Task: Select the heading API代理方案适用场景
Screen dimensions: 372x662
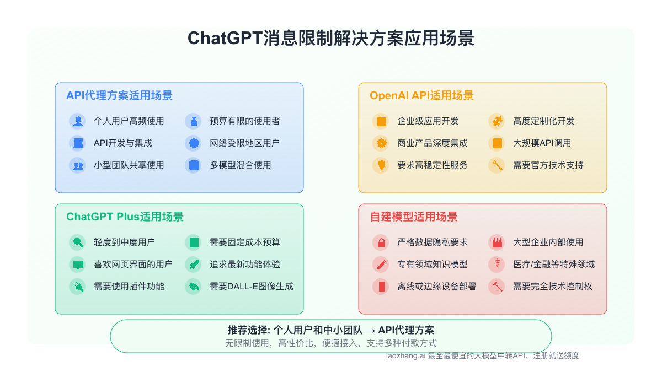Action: point(119,95)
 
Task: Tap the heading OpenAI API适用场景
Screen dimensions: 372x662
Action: point(421,95)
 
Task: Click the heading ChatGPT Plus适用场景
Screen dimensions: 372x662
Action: point(125,217)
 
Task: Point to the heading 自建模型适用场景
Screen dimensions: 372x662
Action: point(414,217)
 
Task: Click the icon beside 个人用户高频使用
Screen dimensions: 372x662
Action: point(78,121)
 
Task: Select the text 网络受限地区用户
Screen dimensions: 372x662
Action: point(244,143)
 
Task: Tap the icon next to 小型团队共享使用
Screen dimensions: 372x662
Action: point(78,165)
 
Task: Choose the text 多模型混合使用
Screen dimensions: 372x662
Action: point(240,165)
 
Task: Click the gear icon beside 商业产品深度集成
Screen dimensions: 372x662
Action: point(381,143)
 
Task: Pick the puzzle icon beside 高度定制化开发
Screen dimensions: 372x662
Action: point(496,121)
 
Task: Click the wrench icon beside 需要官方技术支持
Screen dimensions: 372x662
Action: point(496,165)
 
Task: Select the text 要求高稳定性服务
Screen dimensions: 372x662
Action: point(432,165)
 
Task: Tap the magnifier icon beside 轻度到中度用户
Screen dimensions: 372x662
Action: point(78,242)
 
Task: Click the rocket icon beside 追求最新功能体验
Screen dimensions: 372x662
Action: point(193,264)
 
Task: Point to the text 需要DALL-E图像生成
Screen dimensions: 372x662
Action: point(251,286)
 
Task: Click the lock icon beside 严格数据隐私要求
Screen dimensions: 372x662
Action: point(381,242)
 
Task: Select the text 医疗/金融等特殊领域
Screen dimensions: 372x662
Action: point(553,264)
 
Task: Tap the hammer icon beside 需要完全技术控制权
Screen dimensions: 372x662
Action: point(496,286)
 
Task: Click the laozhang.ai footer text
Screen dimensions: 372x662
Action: point(482,356)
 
